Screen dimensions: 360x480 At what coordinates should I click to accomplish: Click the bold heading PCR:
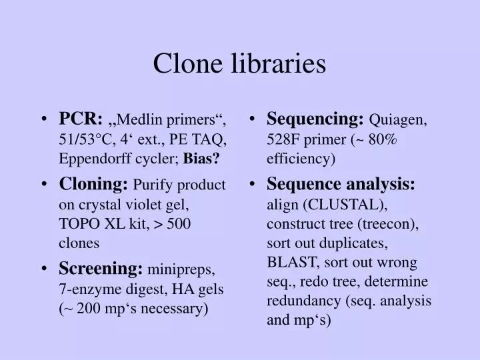[x=79, y=119]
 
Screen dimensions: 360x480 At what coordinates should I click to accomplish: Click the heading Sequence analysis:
[x=341, y=184]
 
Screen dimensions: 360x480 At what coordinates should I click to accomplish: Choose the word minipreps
[x=182, y=269]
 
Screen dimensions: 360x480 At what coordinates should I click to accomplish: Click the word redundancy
[x=300, y=301]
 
